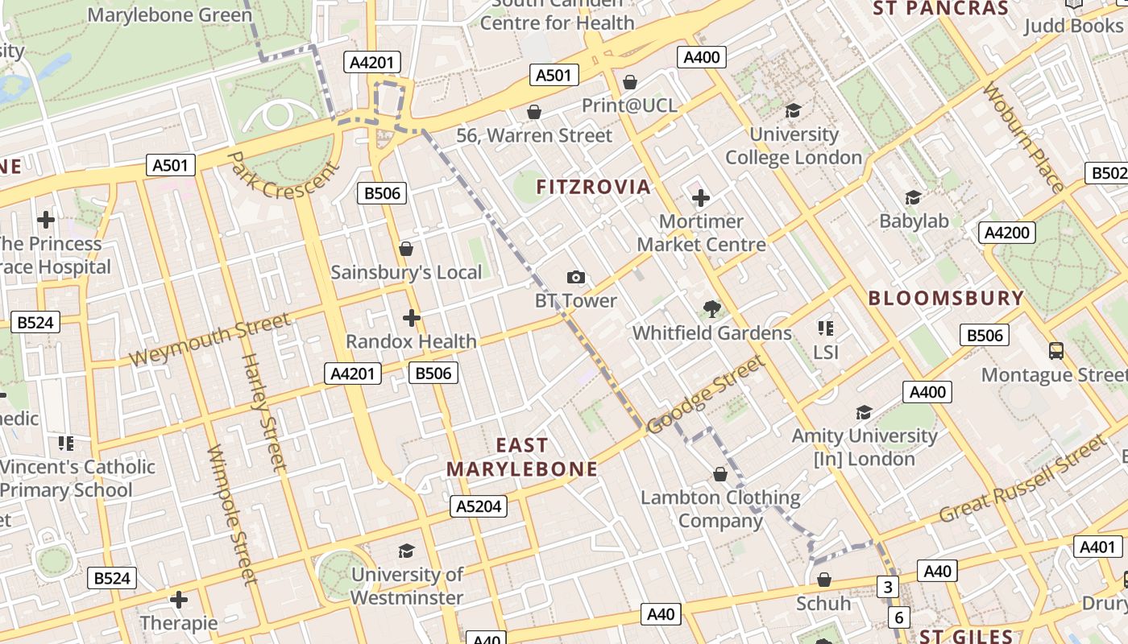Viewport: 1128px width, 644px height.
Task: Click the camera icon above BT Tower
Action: pos(576,278)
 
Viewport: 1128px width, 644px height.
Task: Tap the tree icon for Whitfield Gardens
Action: pos(711,309)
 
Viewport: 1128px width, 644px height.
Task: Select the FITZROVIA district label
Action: pos(593,188)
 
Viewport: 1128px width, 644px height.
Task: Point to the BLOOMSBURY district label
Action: pos(946,298)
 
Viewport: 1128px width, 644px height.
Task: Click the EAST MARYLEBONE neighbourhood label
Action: pos(522,457)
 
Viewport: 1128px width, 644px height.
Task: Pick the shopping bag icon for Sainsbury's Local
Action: pos(406,249)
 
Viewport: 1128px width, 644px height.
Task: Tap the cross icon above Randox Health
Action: pos(412,318)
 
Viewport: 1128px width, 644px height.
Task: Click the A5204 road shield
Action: pos(479,506)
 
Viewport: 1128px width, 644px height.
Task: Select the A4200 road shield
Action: pos(1007,233)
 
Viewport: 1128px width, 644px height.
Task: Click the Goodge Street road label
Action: pos(706,394)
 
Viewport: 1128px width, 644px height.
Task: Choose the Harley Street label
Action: pos(263,411)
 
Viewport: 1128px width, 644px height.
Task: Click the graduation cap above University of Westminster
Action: pos(407,551)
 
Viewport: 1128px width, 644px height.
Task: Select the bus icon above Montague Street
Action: pos(1055,351)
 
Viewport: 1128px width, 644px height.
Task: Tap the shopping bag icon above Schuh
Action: pos(823,580)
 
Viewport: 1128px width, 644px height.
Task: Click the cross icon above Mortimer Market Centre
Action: pos(701,198)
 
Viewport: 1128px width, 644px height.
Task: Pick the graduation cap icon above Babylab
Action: pos(913,197)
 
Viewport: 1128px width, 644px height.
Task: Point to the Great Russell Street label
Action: pos(1023,479)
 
